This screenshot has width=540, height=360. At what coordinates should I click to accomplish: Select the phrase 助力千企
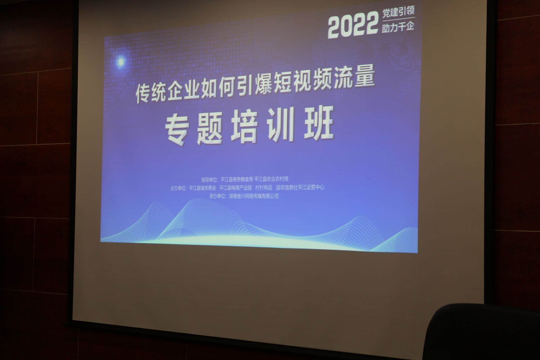(x=398, y=27)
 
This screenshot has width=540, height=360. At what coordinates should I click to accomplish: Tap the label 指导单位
(x=210, y=180)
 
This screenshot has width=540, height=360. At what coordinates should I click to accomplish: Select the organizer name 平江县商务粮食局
(x=237, y=179)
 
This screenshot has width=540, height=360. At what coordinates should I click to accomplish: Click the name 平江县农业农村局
(x=271, y=179)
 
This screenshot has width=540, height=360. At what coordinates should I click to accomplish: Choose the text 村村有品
(x=264, y=188)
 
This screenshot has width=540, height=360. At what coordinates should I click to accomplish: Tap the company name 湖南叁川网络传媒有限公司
(x=252, y=196)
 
